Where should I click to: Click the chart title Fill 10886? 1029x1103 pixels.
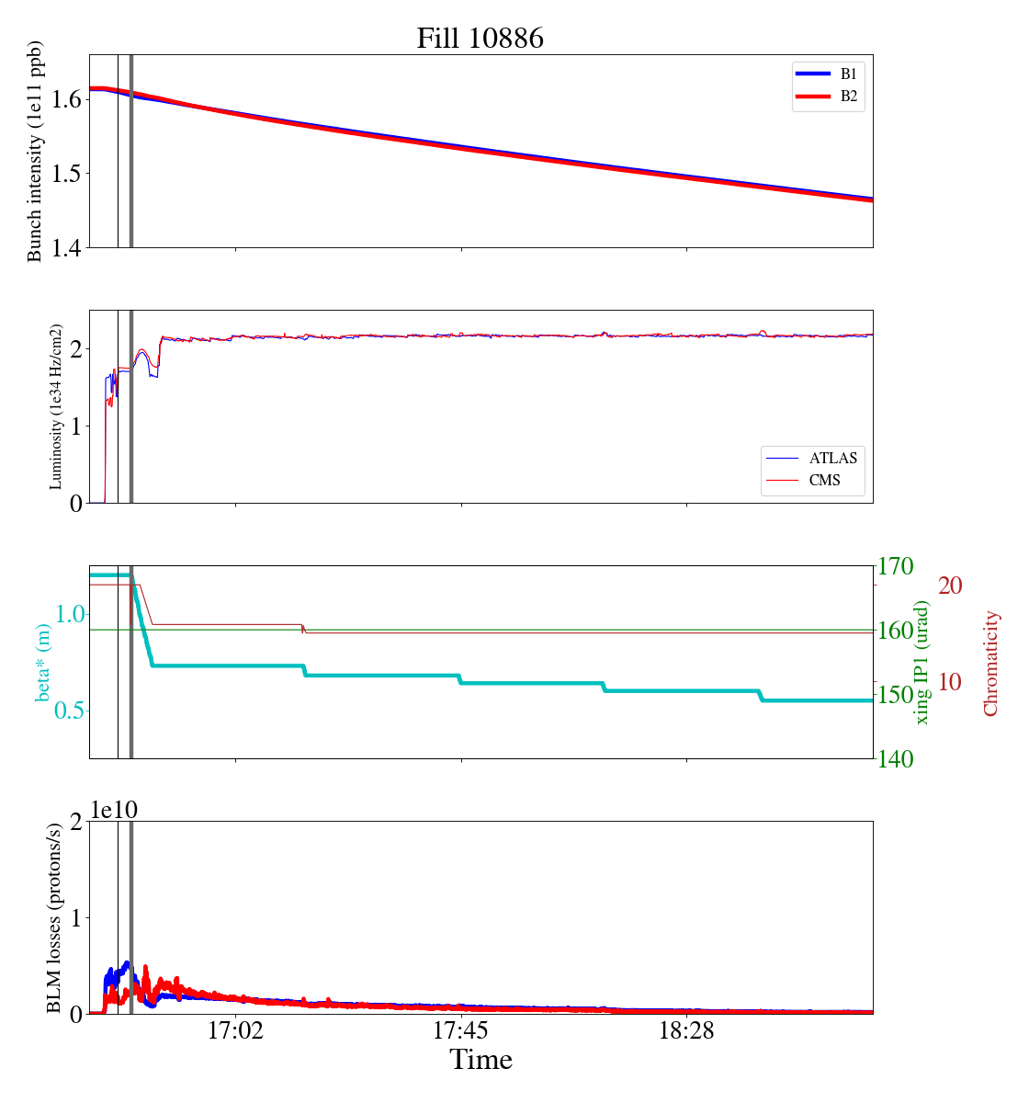tap(480, 39)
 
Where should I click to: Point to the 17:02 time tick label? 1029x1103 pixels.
tap(236, 1031)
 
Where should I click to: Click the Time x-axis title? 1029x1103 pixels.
tap(481, 1061)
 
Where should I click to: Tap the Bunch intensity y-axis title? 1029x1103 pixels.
tap(35, 152)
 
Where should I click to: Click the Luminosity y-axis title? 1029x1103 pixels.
tap(56, 406)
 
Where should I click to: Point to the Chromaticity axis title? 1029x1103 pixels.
tap(990, 662)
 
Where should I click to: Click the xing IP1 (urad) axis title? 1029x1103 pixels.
tap(922, 662)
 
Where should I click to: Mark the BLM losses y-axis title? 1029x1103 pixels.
tap(55, 917)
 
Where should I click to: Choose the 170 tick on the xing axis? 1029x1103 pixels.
tap(896, 566)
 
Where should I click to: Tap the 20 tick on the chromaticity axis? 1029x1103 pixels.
tap(950, 586)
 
